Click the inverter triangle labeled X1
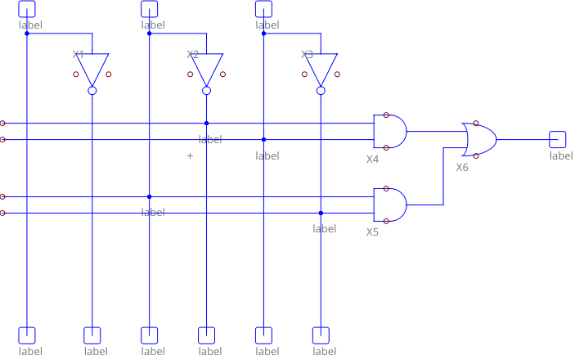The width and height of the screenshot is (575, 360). pyautogui.click(x=92, y=68)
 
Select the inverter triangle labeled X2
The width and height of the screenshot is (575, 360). pyautogui.click(x=207, y=68)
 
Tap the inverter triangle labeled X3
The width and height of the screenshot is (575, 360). pyautogui.click(x=321, y=68)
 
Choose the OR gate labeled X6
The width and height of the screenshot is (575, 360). pyautogui.click(x=479, y=139)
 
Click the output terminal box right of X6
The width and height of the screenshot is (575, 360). pyautogui.click(x=558, y=139)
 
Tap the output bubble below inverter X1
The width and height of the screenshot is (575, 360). pyautogui.click(x=92, y=90)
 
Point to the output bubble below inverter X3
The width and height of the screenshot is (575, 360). pyautogui.click(x=321, y=90)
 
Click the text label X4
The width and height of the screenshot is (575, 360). pyautogui.click(x=372, y=159)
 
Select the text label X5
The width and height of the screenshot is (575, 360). pyautogui.click(x=372, y=232)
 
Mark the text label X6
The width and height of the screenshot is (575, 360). pyautogui.click(x=462, y=167)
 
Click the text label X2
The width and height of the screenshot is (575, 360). pyautogui.click(x=193, y=55)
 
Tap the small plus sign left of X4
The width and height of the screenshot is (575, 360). pyautogui.click(x=191, y=155)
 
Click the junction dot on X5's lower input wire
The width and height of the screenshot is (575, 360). pyautogui.click(x=321, y=213)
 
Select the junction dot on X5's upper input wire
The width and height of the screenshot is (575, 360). pyautogui.click(x=150, y=196)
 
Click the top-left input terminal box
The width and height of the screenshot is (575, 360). pyautogui.click(x=27, y=8)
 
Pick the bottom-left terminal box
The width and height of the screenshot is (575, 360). pyautogui.click(x=27, y=335)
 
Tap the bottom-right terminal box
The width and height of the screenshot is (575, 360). pyautogui.click(x=321, y=335)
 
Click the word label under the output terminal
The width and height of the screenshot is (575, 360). pyautogui.click(x=561, y=155)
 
